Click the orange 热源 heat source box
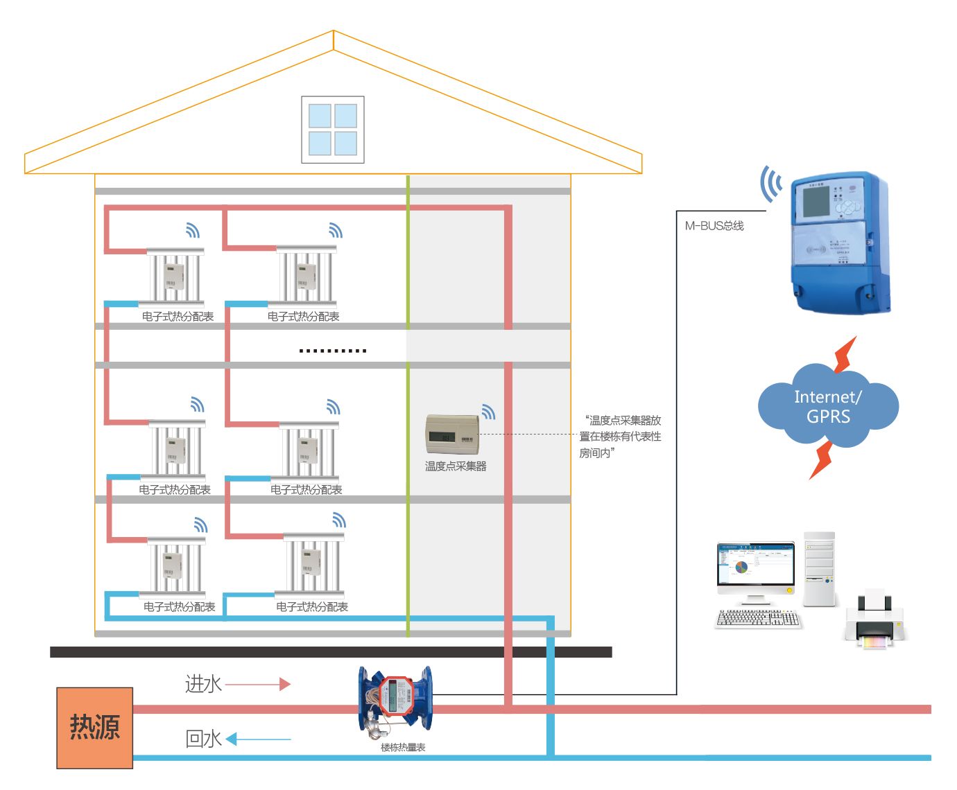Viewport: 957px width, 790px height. point(94,728)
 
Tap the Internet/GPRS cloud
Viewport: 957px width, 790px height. point(828,407)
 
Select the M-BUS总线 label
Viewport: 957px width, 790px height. point(714,226)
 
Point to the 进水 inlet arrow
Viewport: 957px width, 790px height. point(257,684)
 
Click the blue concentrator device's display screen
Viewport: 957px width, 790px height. point(816,201)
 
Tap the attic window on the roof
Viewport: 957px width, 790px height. point(333,130)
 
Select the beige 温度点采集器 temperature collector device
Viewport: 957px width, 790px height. point(452,435)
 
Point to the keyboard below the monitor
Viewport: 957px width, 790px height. point(757,618)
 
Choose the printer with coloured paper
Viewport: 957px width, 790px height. point(875,621)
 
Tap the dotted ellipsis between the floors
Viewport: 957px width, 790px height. point(333,351)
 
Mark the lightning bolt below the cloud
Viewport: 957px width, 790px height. point(822,459)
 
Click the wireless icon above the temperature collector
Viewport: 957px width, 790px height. point(488,412)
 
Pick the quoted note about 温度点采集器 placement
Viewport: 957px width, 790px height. point(621,437)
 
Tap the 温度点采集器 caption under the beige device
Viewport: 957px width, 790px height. point(456,466)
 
